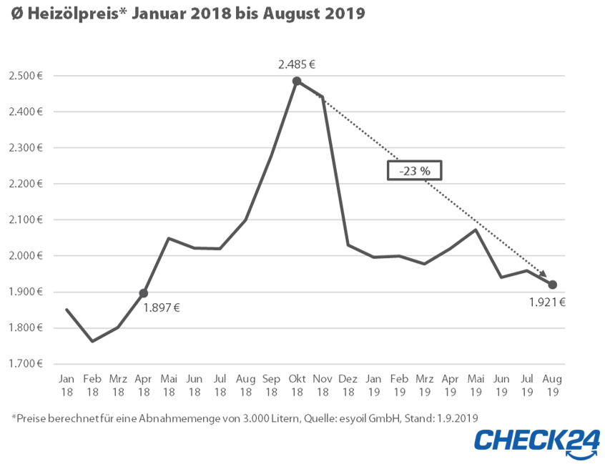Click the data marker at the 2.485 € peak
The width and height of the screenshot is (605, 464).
pyautogui.click(x=297, y=82)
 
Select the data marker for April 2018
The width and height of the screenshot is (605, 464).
pyautogui.click(x=143, y=293)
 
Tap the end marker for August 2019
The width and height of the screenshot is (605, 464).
pyautogui.click(x=552, y=285)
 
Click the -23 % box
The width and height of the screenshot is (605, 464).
pyautogui.click(x=415, y=170)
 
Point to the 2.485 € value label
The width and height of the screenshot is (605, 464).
pyautogui.click(x=297, y=64)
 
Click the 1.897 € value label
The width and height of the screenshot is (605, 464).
pyautogui.click(x=162, y=308)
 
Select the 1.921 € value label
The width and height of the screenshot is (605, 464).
pyautogui.click(x=548, y=302)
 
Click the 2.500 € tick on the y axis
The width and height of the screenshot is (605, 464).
pyautogui.click(x=26, y=76)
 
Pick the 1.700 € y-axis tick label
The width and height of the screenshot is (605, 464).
pyautogui.click(x=26, y=364)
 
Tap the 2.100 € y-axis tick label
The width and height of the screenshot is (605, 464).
pyautogui.click(x=26, y=220)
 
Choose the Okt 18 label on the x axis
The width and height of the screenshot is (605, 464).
pyautogui.click(x=297, y=385)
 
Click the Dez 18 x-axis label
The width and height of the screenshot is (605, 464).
pyautogui.click(x=348, y=385)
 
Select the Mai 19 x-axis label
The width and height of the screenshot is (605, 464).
pyautogui.click(x=476, y=385)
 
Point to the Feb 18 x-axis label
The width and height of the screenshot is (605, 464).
pyautogui.click(x=92, y=385)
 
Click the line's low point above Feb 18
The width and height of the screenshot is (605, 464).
pyautogui.click(x=92, y=341)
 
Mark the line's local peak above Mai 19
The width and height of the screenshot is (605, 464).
pyautogui.click(x=476, y=229)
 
